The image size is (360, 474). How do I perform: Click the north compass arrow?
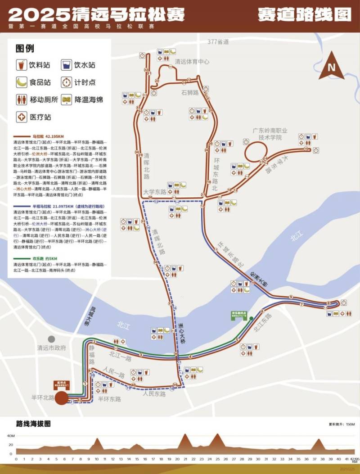332,66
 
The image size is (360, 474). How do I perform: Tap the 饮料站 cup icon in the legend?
21,65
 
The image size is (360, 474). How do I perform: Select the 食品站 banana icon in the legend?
21,82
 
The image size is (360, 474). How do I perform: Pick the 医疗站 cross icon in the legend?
21,117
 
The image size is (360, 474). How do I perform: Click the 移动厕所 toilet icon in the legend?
21,99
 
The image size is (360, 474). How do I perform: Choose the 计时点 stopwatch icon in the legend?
67,82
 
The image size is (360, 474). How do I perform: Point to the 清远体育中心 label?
192,62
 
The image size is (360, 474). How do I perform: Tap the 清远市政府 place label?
52,348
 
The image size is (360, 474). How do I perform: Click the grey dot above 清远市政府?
52,339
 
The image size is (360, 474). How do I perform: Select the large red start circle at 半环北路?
62,398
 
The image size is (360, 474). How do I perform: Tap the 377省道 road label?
218,42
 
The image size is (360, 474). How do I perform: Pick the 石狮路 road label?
190,93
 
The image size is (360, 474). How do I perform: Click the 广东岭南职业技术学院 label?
270,134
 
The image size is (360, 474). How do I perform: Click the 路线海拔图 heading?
33,424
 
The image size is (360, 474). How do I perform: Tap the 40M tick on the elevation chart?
11,436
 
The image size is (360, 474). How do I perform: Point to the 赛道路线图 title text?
304,14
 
